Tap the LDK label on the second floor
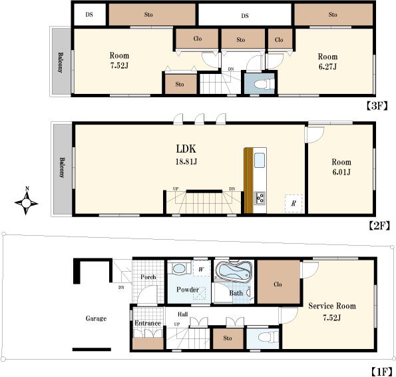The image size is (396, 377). pos(186,149)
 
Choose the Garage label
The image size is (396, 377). pos(96,318)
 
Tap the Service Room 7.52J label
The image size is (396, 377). pos(331,311)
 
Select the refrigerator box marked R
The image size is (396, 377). pos(292,201)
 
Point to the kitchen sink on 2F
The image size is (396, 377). pos(259,160)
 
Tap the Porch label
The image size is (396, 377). pos(148,277)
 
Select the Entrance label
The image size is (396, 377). pos(148,324)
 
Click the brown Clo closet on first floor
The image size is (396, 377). pos(278,284)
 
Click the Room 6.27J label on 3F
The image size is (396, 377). pos(327,61)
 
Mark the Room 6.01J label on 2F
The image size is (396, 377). pos(341,167)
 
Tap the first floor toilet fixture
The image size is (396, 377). pos(260,337)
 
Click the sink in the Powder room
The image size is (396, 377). pos(178,268)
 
